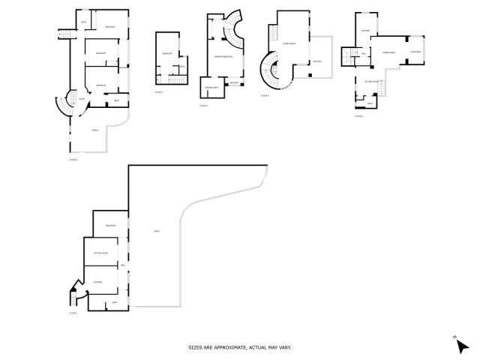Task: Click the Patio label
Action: pyautogui.click(x=157, y=231)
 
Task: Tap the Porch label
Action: pyautogui.click(x=95, y=130)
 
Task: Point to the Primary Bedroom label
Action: pyautogui.click(x=223, y=57)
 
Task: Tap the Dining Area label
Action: pyautogui.click(x=389, y=52)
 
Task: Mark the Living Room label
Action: pyautogui.click(x=287, y=43)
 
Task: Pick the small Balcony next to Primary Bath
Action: pyautogui.click(x=233, y=82)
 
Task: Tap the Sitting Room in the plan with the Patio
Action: pyautogui.click(x=102, y=254)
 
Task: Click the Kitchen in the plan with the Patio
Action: pyautogui.click(x=97, y=282)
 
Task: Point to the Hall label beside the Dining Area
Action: pyautogui.click(x=364, y=54)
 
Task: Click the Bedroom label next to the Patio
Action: pyautogui.click(x=110, y=226)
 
